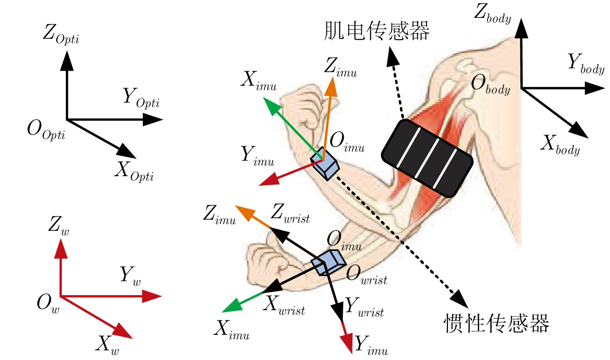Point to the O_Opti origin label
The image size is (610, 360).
point(47,133)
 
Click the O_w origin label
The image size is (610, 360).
point(47,304)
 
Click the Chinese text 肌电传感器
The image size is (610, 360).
point(377,32)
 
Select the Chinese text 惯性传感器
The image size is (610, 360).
point(497,323)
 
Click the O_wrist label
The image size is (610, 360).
point(366,276)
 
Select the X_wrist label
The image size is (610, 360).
point(284,305)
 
